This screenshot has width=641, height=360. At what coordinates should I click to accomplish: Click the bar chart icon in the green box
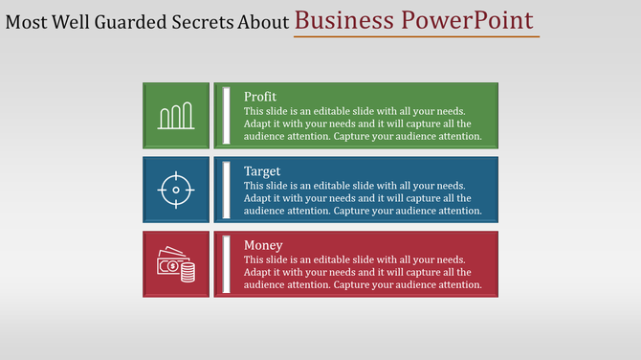[176, 117]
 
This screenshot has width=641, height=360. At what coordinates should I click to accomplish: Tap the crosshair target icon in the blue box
[176, 190]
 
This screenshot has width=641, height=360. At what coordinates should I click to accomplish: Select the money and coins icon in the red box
[176, 264]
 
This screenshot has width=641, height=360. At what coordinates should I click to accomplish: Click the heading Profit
[260, 97]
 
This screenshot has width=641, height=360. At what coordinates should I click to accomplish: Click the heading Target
[262, 171]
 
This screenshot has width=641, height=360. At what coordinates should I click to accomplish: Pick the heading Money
[263, 245]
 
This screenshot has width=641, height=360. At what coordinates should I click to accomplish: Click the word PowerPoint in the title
[473, 21]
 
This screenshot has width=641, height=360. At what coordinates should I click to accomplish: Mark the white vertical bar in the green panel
[227, 116]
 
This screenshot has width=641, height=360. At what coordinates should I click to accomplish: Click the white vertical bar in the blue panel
[227, 190]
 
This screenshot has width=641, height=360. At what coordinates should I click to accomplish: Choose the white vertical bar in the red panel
[227, 264]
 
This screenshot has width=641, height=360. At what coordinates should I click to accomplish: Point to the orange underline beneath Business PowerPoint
[416, 37]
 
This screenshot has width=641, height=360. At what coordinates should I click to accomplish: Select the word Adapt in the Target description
[258, 198]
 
